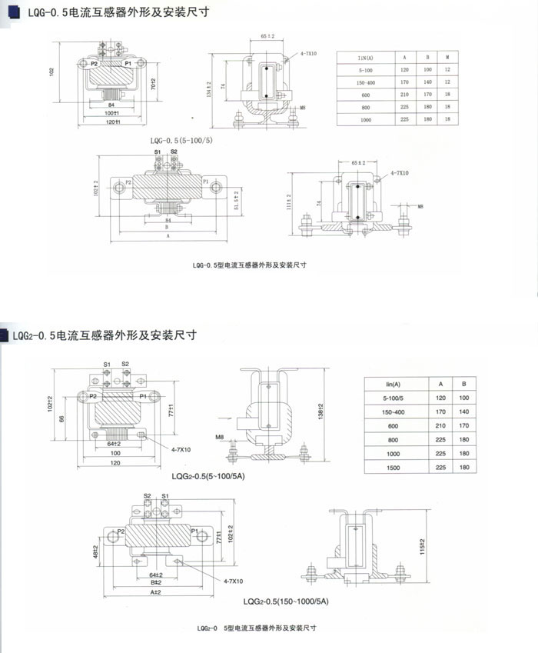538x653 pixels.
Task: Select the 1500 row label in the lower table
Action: click(x=394, y=467)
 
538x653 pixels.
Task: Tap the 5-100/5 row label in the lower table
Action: click(x=394, y=398)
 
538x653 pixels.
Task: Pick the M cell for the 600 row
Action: click(x=447, y=95)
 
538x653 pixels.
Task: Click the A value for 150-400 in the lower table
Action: click(x=440, y=411)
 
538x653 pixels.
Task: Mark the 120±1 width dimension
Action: click(x=115, y=122)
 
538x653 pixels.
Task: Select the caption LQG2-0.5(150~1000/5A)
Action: click(x=287, y=602)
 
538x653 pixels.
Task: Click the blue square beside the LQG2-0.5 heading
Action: click(x=6, y=335)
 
